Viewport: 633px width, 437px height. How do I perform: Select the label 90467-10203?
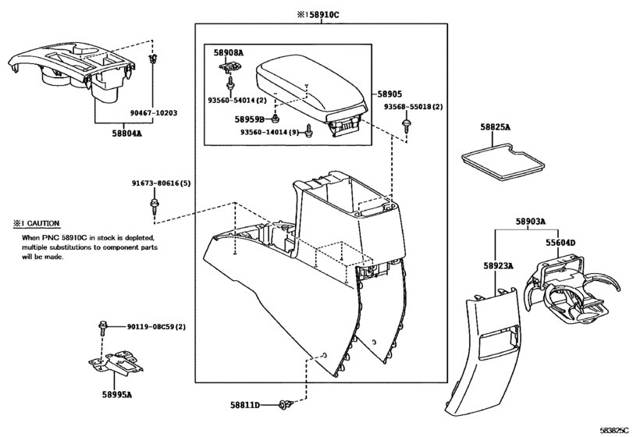coord(153,112)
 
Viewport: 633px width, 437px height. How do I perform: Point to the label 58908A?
coord(229,52)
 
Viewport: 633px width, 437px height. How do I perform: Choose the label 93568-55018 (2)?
coord(413,106)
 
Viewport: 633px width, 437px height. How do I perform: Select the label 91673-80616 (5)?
coord(161,183)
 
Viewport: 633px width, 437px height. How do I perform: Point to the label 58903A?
coord(530,222)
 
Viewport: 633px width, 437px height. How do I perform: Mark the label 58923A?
coord(497,266)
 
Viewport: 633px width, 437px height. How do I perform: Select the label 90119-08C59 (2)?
coord(156,325)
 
